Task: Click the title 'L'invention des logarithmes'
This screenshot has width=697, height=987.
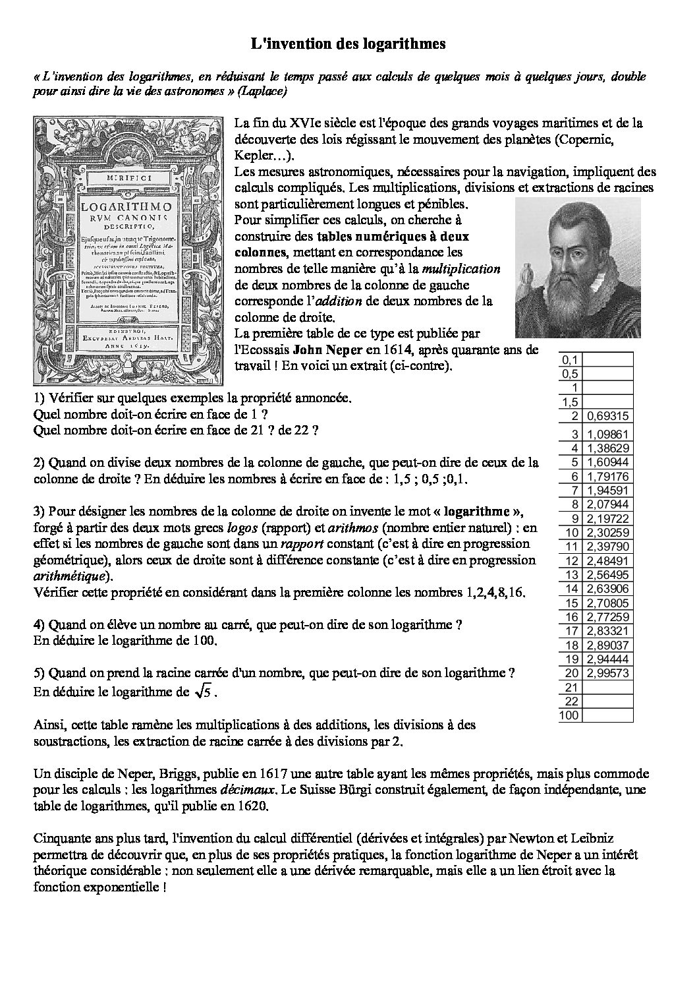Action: (348, 44)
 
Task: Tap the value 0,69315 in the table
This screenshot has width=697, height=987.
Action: (607, 415)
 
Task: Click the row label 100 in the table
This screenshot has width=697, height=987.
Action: (569, 715)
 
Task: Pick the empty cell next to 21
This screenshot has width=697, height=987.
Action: (607, 687)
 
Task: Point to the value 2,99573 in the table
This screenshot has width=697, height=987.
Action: (607, 673)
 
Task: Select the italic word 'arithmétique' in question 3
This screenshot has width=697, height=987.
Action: (66, 576)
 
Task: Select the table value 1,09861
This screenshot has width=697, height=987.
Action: (607, 434)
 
